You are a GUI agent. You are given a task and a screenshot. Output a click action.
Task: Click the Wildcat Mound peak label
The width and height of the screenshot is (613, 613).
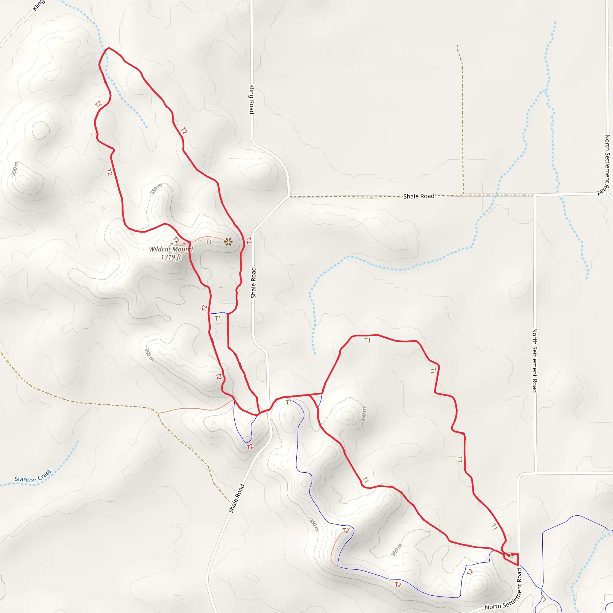click(171, 249)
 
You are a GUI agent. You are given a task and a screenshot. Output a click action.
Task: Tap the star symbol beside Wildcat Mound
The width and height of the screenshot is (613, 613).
click(228, 242)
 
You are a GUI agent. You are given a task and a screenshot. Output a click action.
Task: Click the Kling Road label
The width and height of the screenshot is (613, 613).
click(252, 99)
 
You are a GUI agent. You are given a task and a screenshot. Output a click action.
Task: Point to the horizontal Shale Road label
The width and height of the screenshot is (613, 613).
click(418, 196)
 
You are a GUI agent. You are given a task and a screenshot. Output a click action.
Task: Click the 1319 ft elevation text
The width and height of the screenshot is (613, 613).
click(171, 257)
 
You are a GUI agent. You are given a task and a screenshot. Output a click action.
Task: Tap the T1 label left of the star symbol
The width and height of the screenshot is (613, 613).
click(208, 242)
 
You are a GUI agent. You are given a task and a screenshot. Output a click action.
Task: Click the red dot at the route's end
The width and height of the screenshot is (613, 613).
click(509, 555)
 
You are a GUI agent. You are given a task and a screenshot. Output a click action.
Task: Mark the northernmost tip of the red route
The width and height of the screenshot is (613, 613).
click(109, 48)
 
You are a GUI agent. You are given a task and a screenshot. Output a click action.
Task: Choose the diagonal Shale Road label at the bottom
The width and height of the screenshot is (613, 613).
click(236, 498)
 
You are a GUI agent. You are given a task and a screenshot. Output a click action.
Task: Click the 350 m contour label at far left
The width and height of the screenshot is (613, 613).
click(15, 168)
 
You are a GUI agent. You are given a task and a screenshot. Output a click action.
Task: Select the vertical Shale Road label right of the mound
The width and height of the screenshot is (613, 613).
click(253, 283)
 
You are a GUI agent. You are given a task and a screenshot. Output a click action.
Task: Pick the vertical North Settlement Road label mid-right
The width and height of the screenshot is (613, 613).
click(535, 360)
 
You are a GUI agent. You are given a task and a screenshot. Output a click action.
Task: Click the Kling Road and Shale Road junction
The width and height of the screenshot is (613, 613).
click(289, 196)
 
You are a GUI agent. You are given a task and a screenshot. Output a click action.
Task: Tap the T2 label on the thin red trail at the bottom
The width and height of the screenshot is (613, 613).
click(345, 530)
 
